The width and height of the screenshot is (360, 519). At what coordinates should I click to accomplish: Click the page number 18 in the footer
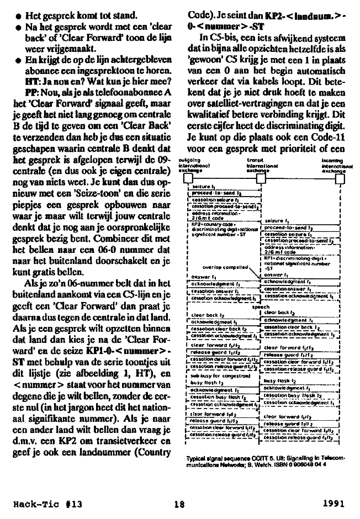178,503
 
